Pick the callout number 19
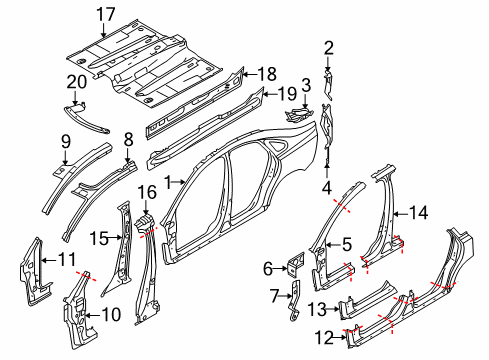tap(287, 94)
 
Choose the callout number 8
tap(128, 139)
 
